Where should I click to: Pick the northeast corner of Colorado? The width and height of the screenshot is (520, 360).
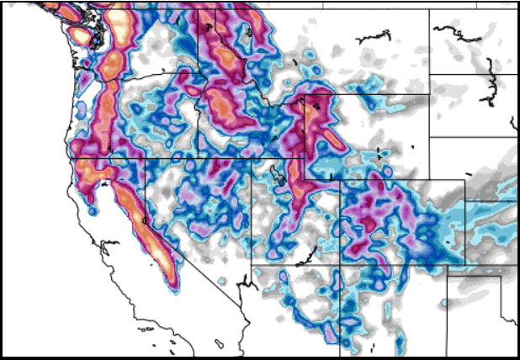point(464,179)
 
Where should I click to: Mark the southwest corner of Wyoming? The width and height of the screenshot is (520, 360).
point(304,157)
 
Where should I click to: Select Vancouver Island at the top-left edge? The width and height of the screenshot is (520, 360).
point(46,8)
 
